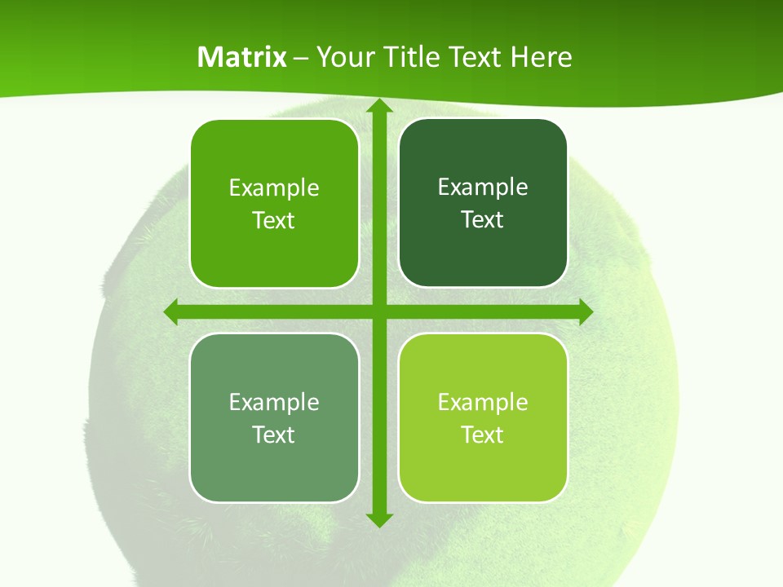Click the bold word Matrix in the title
pos(242,57)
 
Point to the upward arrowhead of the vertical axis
pos(378,106)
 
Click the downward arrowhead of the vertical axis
pos(378,519)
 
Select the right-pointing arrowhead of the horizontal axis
pos(585,311)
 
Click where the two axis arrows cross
pos(378,311)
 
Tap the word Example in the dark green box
pos(483,188)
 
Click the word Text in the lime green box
pos(483,435)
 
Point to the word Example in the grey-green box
pos(274,402)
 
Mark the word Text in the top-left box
pos(274,220)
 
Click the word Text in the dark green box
pos(483,219)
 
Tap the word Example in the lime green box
pos(483,402)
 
